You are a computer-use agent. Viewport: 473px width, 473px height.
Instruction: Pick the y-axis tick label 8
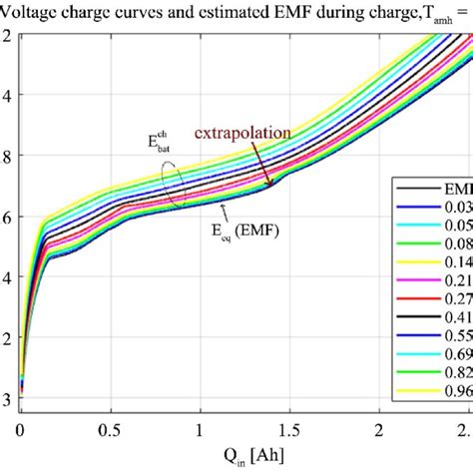click(x=7, y=156)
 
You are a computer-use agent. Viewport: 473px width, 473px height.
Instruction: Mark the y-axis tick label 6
click(x=7, y=217)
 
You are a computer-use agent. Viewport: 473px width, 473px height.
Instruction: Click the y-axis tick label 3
click(x=7, y=400)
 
